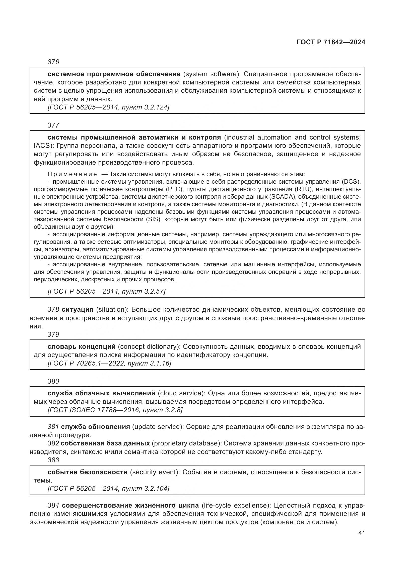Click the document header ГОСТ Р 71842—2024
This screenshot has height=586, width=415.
(x=331, y=42)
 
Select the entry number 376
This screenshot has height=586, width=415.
(x=53, y=62)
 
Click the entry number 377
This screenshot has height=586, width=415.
(x=53, y=125)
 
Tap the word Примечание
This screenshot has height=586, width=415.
(x=72, y=174)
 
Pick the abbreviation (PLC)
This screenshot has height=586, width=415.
(x=174, y=189)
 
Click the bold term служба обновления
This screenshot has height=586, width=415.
(x=95, y=427)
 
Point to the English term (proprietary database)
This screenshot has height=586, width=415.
(x=186, y=443)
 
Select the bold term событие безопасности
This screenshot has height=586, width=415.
(x=87, y=472)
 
